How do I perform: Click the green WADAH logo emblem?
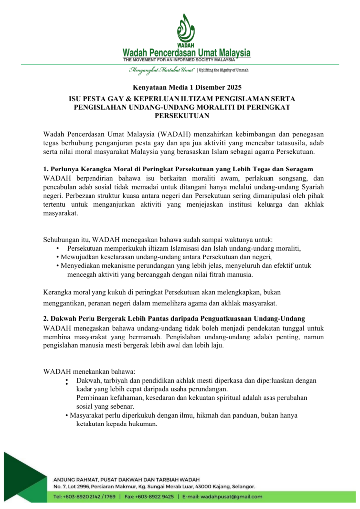click(186, 29)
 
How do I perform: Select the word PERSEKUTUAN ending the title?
click(180, 116)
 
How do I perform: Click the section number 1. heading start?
click(46, 169)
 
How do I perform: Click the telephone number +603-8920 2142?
click(85, 496)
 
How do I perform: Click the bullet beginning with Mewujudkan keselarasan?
click(164, 257)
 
